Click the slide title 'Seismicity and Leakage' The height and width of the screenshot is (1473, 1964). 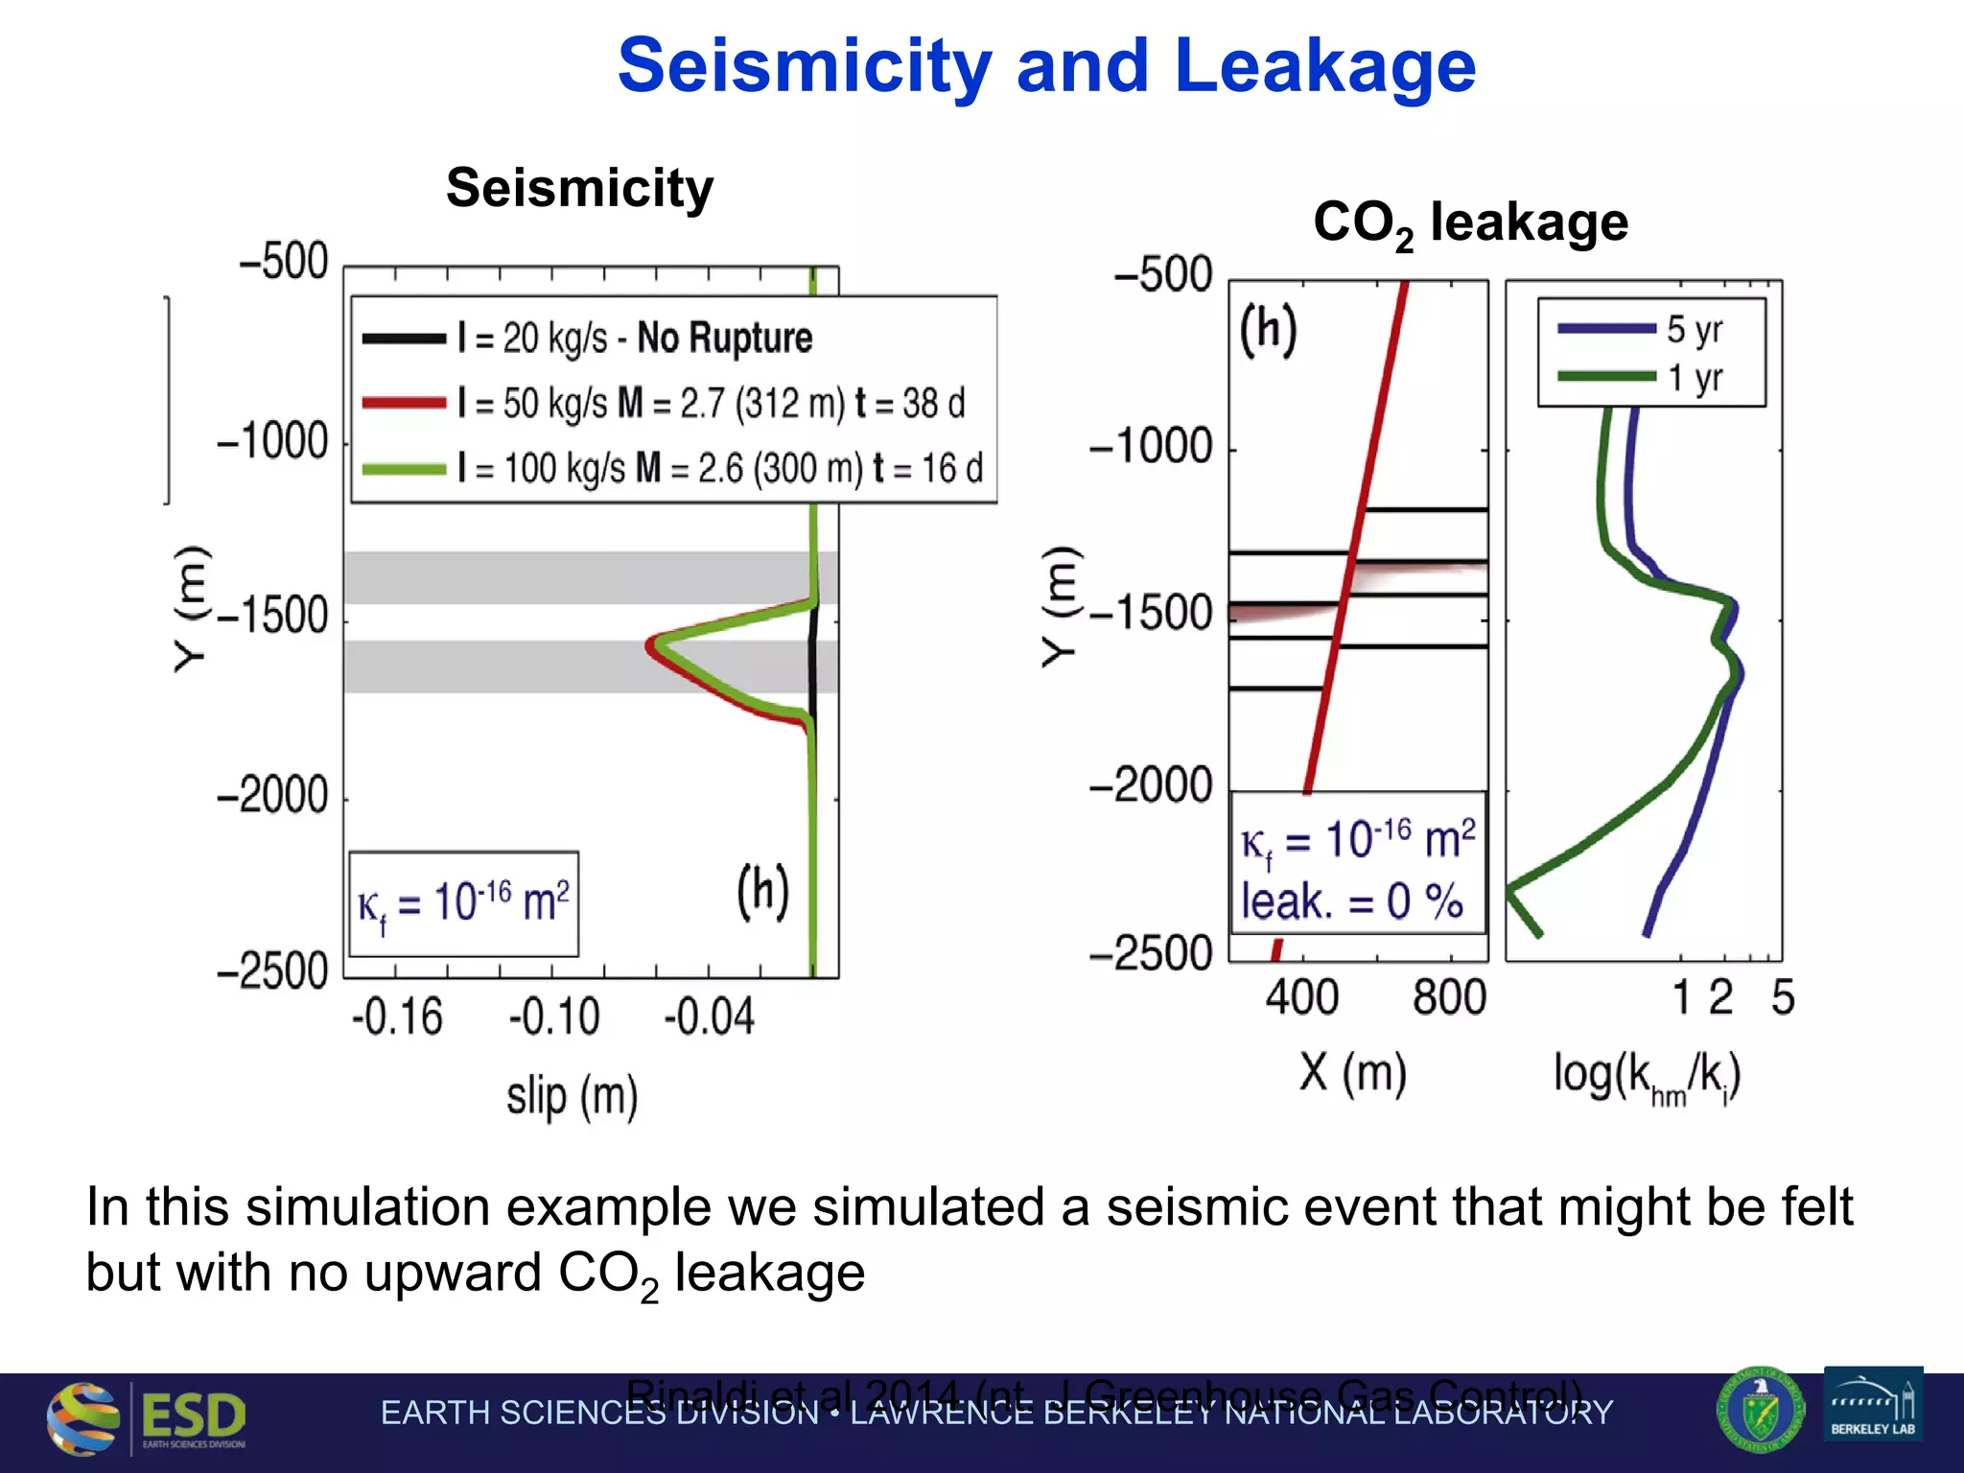pos(1046,65)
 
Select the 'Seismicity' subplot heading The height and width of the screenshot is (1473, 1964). pos(579,187)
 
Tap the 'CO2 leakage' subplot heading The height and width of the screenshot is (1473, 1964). pos(1469,222)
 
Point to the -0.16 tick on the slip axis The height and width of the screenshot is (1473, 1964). pos(397,1017)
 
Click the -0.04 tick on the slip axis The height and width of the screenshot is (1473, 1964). pos(710,1017)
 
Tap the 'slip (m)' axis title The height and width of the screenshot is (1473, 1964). pos(572,1095)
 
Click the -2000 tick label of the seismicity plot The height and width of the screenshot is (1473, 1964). pos(273,796)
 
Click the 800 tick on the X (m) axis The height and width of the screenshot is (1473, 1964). pos(1449,997)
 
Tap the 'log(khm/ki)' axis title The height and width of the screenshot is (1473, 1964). pos(1647,1076)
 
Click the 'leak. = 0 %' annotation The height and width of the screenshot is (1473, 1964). pos(1351,901)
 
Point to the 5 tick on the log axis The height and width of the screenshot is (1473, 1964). pos(1782,997)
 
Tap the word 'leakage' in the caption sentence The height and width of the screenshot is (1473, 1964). pos(769,1274)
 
